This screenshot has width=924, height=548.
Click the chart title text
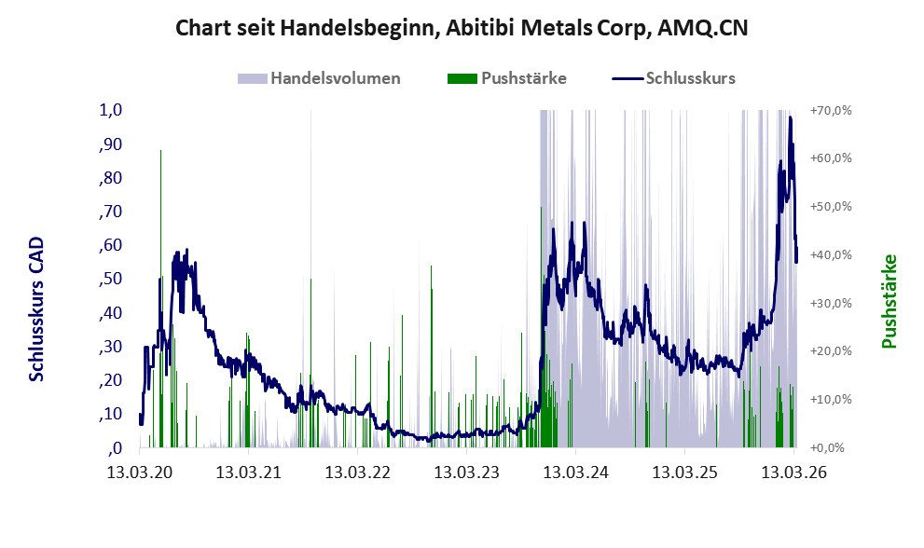coord(462,28)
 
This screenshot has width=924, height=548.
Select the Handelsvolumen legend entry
coord(319,78)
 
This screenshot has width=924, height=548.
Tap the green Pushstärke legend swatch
coord(462,78)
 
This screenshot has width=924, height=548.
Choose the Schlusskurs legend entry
coord(673,78)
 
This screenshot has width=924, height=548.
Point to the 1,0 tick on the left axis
coord(110,110)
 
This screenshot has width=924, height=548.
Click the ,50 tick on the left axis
coord(110,279)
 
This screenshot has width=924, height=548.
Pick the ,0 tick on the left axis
coord(115,448)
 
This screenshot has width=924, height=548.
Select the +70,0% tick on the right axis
coord(831,110)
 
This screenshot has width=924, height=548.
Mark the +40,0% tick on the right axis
coord(831,254)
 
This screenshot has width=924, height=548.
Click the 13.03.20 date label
coord(140,472)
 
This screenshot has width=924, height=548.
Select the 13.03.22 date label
coord(358,472)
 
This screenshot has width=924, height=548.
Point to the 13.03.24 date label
coord(575,472)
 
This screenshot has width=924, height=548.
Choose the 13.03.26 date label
coord(793,472)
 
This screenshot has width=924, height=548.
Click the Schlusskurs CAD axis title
coord(36,308)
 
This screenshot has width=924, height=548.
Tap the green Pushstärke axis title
coord(890,301)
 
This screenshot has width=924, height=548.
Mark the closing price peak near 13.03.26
coord(791,117)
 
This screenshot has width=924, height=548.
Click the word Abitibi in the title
coord(476,28)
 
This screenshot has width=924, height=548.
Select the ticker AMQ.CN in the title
coord(702,28)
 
